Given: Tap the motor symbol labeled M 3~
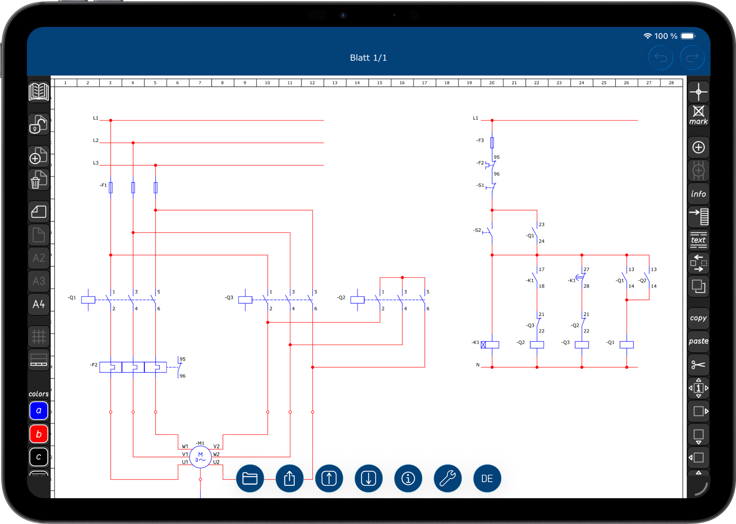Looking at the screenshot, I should (200, 457).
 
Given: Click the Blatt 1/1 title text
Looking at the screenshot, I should (368, 58).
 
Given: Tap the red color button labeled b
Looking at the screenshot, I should (39, 434).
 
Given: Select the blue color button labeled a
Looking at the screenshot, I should (39, 411).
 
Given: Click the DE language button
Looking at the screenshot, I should (487, 478).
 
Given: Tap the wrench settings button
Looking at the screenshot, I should (447, 478).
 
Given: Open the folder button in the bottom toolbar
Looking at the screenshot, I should (250, 478).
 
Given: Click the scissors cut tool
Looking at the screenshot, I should (698, 365).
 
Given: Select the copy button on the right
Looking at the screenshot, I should (698, 318).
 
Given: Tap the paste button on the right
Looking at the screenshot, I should (698, 341).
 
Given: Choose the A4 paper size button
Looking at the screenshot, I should (39, 304).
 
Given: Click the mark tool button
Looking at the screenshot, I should (698, 115).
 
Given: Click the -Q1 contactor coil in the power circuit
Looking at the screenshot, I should (88, 300).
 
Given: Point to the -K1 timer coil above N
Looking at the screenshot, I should (490, 344).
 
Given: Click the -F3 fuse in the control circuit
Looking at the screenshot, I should (492, 143).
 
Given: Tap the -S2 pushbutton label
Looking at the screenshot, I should (477, 230).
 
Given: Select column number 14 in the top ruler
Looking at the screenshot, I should (357, 82).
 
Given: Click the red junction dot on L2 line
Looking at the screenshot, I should (133, 143).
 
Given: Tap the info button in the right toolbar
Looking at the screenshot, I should (698, 194).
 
